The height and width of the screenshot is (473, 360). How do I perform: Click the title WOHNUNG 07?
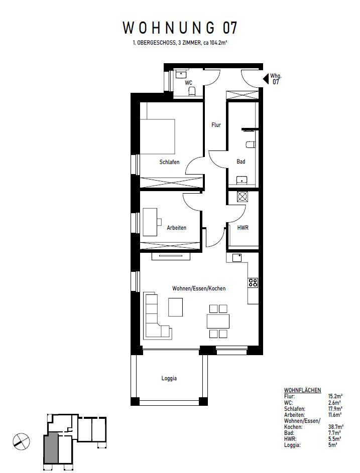pyautogui.click(x=180, y=28)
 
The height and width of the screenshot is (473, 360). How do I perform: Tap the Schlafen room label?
pyautogui.click(x=169, y=162)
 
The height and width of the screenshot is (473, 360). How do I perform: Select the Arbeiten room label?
pyautogui.click(x=176, y=228)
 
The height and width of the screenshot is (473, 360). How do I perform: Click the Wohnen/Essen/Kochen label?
pyautogui.click(x=199, y=288)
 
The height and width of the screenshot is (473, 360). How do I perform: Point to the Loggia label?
pyautogui.click(x=169, y=379)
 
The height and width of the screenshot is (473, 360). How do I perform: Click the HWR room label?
pyautogui.click(x=243, y=228)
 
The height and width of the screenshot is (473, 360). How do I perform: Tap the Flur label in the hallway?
pyautogui.click(x=216, y=125)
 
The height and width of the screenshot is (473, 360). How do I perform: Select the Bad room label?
pyautogui.click(x=241, y=162)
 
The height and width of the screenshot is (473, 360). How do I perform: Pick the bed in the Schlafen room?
pyautogui.click(x=157, y=136)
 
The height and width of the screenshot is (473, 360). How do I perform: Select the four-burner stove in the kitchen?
pyautogui.click(x=253, y=282)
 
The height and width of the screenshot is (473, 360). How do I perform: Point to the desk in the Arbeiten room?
pyautogui.click(x=150, y=221)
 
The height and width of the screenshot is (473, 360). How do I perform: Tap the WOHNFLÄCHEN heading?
pyautogui.click(x=302, y=390)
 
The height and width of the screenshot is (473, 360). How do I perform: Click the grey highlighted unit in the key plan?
pyautogui.click(x=51, y=448)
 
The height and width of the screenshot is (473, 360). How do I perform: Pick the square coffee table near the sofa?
pyautogui.click(x=176, y=307)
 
